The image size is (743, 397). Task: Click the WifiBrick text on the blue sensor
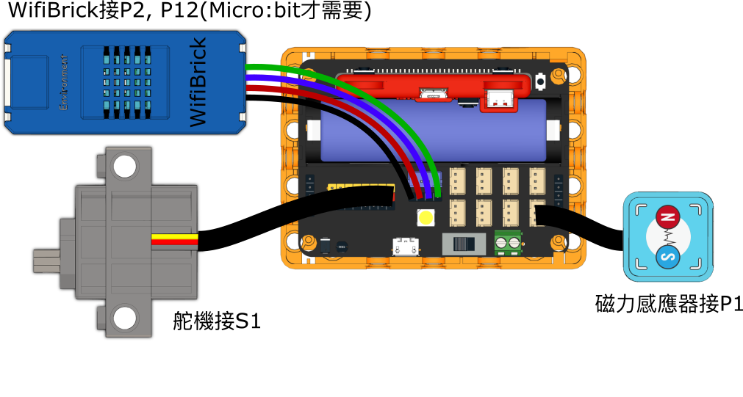pos(198,82)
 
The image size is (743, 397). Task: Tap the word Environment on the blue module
pos(64,81)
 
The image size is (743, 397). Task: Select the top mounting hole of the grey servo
pos(126,167)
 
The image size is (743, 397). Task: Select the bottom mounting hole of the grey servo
pos(126,318)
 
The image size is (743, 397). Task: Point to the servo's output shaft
pos(46,261)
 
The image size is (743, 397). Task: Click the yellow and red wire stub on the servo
pos(174,239)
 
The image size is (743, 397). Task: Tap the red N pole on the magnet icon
pos(667,216)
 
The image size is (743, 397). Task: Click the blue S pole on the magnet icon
pos(667,258)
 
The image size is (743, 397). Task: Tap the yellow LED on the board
pos(426,217)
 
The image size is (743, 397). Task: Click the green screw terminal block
pos(508,241)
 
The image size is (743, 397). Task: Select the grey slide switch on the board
pos(464,244)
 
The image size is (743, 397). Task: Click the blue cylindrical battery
pos(434,131)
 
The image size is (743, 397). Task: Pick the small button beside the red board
pos(541,79)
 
